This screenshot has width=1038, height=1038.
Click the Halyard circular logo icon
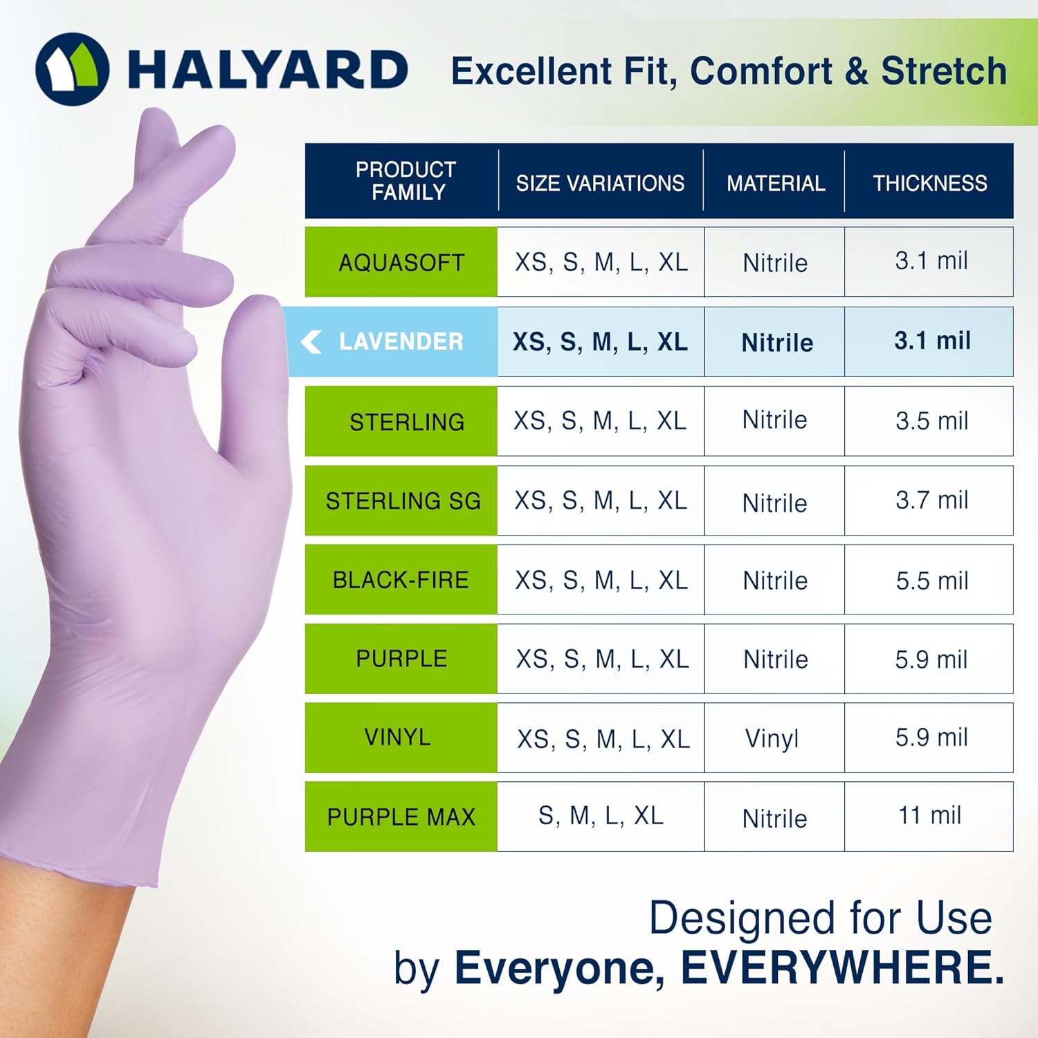pos(72,69)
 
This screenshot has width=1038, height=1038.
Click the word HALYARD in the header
pos(268,70)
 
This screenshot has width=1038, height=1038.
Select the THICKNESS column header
pos(929,183)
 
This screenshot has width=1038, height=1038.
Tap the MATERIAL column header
pos(775,183)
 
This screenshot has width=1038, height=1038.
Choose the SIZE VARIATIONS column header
pos(600,183)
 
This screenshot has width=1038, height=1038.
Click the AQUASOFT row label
pos(401,262)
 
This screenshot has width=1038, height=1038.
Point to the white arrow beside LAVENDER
pos(311,341)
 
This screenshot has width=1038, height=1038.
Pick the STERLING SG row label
pos(403,500)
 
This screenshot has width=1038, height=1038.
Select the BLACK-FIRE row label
pos(401,579)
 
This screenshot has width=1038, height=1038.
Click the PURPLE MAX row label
pos(401,817)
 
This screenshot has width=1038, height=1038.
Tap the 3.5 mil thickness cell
pos(931,421)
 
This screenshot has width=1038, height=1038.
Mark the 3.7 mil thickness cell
pos(931,500)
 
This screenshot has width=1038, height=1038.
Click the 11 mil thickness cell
pos(929,815)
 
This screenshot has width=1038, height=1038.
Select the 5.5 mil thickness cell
pos(931,580)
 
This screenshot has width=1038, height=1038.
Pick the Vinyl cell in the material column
pos(772,738)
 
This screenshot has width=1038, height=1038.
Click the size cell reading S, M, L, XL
pos(601,815)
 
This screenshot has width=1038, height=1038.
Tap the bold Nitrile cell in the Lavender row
pos(776,342)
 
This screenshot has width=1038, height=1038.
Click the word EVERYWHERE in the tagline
pos(842,967)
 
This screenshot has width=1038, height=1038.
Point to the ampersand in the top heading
pos(857,71)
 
